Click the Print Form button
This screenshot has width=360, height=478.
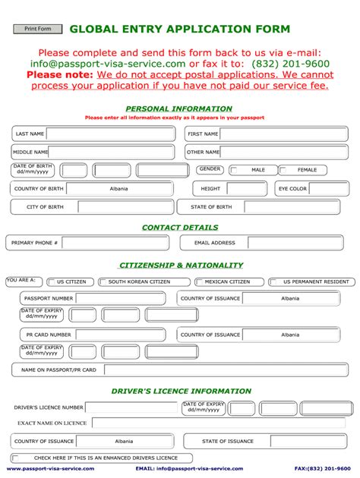pos(37,29)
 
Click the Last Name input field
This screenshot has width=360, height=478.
pos(115,134)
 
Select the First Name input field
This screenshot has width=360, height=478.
pos(286,134)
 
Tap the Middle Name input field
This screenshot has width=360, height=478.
pos(114,153)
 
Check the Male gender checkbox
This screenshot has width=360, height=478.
pos(234,171)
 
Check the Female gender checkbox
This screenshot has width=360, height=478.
pos(284,171)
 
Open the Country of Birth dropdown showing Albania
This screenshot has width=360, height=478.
pos(118,189)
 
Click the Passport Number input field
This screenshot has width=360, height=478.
pos(122,299)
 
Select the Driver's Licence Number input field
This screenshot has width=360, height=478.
pos(132,408)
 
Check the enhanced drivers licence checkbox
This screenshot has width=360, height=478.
pos(17,458)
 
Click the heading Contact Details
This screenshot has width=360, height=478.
pos(180,228)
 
